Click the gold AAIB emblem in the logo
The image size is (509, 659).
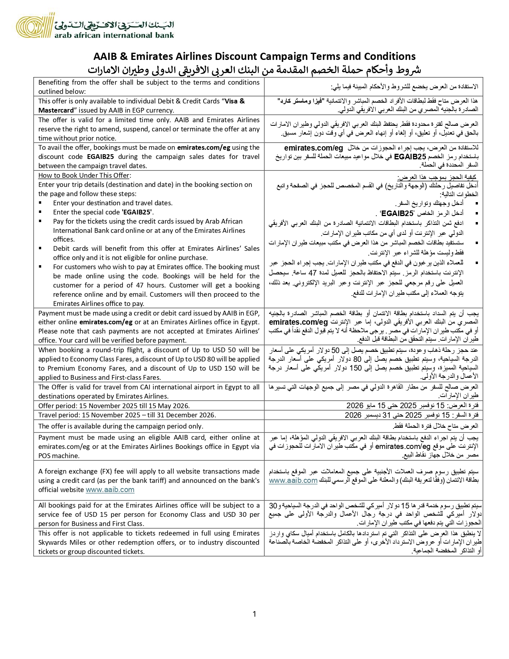[x=34, y=26]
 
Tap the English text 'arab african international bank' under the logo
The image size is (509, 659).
[x=114, y=35]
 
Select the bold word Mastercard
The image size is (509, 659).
[x=56, y=110]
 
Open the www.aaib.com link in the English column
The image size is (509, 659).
[x=110, y=490]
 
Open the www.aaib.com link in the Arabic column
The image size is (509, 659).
[x=293, y=480]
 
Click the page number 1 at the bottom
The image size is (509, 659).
[x=254, y=614]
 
